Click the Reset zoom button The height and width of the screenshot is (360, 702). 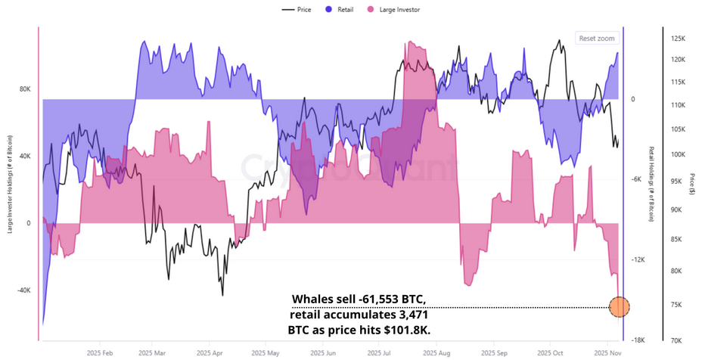coord(597,38)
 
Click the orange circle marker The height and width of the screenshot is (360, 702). coord(619,306)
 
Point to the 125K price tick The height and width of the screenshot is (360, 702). coord(677,38)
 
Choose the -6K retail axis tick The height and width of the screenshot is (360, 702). coord(636,179)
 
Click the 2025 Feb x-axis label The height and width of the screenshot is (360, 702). coord(99,352)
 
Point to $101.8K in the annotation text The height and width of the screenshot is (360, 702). coord(406,331)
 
